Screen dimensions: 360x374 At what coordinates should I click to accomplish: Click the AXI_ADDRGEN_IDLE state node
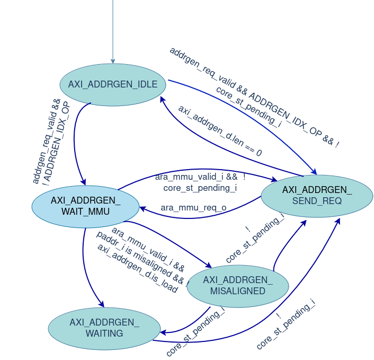pyautogui.click(x=113, y=85)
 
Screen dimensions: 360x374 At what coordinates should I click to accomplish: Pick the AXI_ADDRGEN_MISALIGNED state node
pyautogui.click(x=238, y=285)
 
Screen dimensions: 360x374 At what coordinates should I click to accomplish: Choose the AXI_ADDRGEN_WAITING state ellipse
pyautogui.click(x=104, y=328)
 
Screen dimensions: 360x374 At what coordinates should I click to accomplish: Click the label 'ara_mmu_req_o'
pyautogui.click(x=193, y=207)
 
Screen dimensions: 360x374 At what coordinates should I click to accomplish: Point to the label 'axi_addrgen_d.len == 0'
pyautogui.click(x=220, y=130)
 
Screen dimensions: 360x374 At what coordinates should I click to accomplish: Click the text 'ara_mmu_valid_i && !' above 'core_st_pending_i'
pyautogui.click(x=200, y=177)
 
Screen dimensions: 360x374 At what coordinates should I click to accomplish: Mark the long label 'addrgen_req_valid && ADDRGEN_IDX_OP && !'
pyautogui.click(x=254, y=97)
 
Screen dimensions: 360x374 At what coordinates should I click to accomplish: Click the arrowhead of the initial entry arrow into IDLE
pyautogui.click(x=113, y=62)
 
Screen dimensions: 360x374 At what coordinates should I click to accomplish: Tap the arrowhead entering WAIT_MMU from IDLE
pyautogui.click(x=83, y=182)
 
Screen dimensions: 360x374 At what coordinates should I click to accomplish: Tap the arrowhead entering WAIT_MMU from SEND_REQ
pyautogui.click(x=143, y=208)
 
